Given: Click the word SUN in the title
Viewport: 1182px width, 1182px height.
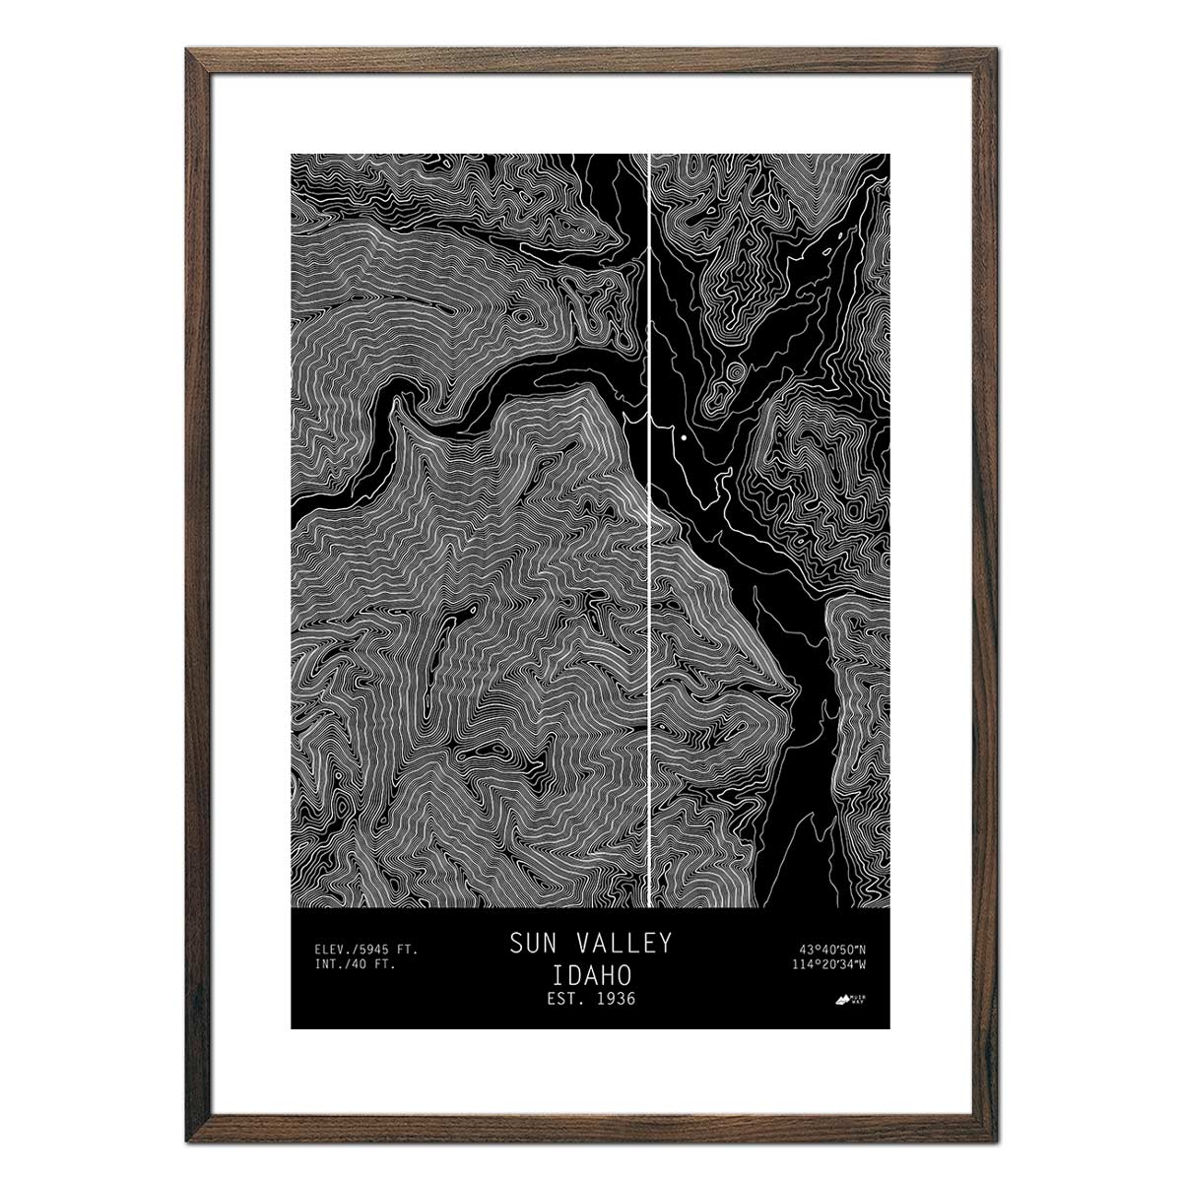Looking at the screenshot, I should click(534, 943).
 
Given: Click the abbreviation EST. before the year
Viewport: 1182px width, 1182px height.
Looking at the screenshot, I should click(562, 999).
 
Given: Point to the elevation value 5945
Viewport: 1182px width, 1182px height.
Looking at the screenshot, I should click(378, 950).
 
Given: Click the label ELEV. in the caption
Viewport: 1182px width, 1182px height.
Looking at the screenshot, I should click(333, 950).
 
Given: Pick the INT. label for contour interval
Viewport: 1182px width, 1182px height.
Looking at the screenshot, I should click(329, 964).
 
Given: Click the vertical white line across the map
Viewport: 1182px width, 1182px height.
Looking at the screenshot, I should click(650, 591).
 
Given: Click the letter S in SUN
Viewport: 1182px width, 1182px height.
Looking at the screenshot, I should click(516, 943).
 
